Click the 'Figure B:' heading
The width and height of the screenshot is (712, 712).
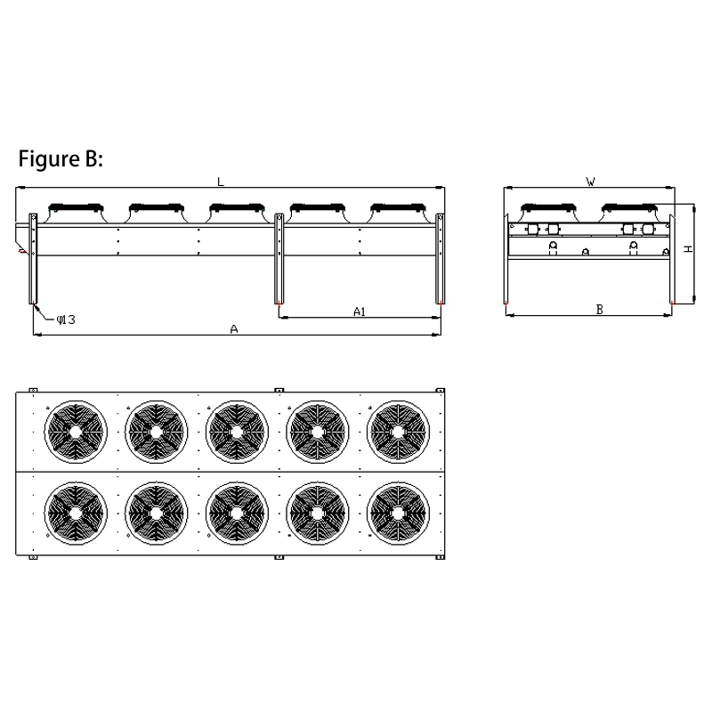pyautogui.click(x=61, y=159)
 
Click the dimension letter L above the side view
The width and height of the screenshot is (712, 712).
pyautogui.click(x=221, y=182)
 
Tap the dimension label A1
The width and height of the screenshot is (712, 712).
pyautogui.click(x=360, y=311)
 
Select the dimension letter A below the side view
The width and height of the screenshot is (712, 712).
pyautogui.click(x=234, y=329)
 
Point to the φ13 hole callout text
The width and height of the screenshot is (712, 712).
pyautogui.click(x=66, y=320)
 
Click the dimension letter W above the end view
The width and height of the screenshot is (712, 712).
pyautogui.click(x=590, y=182)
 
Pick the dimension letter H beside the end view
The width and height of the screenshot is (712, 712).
pyautogui.click(x=689, y=249)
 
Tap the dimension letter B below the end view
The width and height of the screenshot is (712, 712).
pyautogui.click(x=599, y=310)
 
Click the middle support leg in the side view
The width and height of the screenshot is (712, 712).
pyautogui.click(x=279, y=258)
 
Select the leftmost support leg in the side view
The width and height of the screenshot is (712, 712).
pyautogui.click(x=33, y=258)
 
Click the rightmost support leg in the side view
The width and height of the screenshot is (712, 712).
pyautogui.click(x=440, y=258)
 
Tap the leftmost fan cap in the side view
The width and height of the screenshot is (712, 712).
pyautogui.click(x=76, y=208)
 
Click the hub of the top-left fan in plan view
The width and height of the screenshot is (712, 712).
pyautogui.click(x=76, y=432)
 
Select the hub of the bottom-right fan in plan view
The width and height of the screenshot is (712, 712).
pyautogui.click(x=398, y=514)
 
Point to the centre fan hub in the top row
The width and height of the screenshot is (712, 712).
pyautogui.click(x=237, y=432)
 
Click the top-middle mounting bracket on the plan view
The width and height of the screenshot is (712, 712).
pyautogui.click(x=279, y=390)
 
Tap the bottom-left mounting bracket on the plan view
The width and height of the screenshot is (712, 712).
pyautogui.click(x=33, y=557)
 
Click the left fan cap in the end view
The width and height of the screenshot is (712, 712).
pyautogui.click(x=548, y=208)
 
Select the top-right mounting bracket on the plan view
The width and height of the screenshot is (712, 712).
pyautogui.click(x=440, y=390)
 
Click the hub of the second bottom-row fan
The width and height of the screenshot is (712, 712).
pyautogui.click(x=157, y=514)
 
